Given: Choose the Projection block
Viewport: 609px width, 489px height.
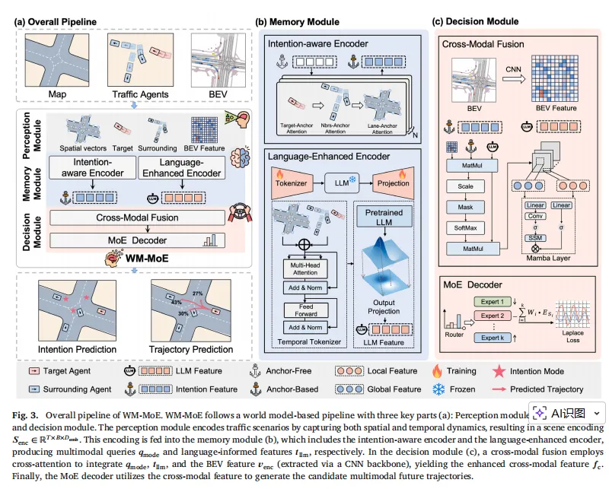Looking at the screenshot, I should pos(394,183).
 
